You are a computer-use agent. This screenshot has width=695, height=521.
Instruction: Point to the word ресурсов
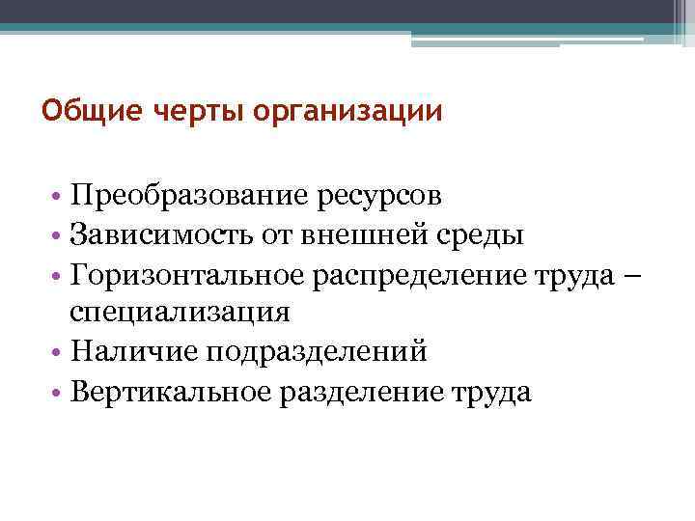[378, 197]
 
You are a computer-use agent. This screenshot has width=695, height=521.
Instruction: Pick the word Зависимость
[164, 235]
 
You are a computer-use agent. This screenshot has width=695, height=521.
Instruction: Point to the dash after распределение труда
[632, 275]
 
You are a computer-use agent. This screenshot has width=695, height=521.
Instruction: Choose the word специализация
[179, 315]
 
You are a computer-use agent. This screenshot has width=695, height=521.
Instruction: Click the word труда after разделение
[491, 394]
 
